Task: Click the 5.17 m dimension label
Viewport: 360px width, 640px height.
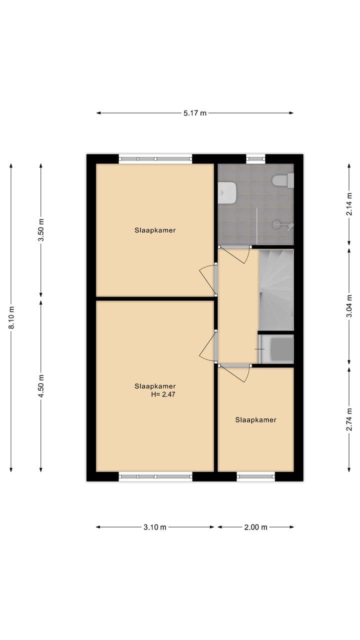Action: click(195, 113)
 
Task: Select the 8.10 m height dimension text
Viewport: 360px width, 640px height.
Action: click(11, 317)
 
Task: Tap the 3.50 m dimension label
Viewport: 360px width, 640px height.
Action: click(41, 230)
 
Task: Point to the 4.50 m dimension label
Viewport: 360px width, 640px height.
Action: click(41, 385)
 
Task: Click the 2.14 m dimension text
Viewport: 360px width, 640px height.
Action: click(349, 204)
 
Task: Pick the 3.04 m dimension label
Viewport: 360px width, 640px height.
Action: click(349, 306)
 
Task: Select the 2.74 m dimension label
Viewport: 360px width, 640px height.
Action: click(349, 419)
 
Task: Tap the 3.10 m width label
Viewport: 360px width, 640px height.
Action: click(155, 527)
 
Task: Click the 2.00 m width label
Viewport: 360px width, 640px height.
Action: click(256, 527)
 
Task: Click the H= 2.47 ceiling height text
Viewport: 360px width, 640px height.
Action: click(163, 394)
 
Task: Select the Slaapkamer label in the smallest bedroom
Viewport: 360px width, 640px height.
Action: click(255, 420)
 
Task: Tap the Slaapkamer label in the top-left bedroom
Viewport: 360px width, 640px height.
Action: click(155, 230)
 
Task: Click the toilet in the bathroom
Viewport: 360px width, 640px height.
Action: click(283, 180)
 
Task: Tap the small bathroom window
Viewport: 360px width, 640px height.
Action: click(255, 159)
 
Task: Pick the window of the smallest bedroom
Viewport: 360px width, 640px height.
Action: click(255, 476)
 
